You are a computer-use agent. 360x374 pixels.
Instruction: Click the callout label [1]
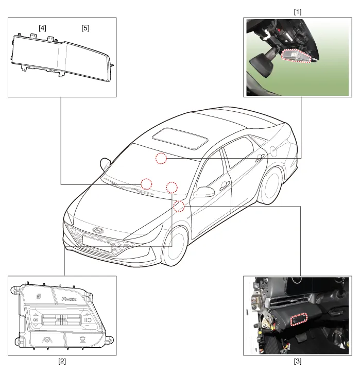297,12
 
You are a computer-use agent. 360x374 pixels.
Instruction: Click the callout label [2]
62,361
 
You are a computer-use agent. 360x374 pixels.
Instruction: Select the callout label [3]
297,361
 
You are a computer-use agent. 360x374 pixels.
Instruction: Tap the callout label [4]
42,28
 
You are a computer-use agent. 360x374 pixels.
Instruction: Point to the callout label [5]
85,28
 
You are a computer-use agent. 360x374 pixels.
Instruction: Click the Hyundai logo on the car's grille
97,230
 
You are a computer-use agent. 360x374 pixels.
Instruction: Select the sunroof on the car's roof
180,139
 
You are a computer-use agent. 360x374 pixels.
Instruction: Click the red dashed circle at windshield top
161,158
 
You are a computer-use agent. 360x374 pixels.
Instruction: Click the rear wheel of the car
270,185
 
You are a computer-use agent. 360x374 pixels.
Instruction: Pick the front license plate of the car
96,244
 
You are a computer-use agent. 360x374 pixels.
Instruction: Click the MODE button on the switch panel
69,299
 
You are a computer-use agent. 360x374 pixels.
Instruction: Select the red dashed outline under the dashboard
299,319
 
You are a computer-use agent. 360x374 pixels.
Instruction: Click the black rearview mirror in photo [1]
262,64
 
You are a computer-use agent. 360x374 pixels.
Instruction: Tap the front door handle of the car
225,185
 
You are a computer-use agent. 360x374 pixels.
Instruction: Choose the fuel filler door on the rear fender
274,150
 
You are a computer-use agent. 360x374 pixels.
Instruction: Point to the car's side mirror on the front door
204,192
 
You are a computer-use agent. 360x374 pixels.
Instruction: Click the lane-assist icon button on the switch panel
47,339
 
